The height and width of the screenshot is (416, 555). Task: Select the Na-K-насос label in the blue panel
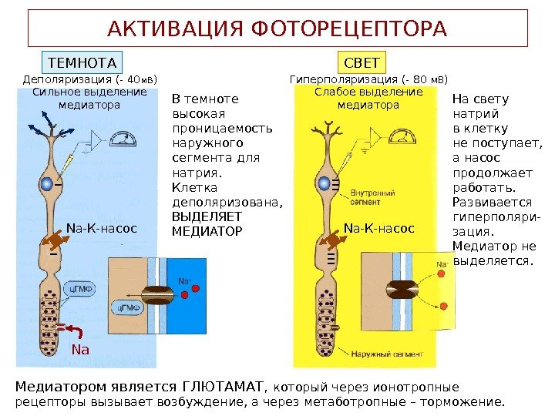tap(101, 228)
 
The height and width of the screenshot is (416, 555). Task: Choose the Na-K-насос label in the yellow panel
tap(378, 229)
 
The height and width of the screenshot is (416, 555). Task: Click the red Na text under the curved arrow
tap(80, 351)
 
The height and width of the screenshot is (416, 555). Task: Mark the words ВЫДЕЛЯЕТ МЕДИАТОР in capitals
tap(206, 224)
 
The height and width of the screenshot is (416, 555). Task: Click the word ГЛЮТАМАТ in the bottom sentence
tap(220, 385)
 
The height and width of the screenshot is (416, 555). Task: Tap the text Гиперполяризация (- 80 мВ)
tap(368, 79)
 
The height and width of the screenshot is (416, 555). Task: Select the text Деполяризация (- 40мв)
tap(89, 79)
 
